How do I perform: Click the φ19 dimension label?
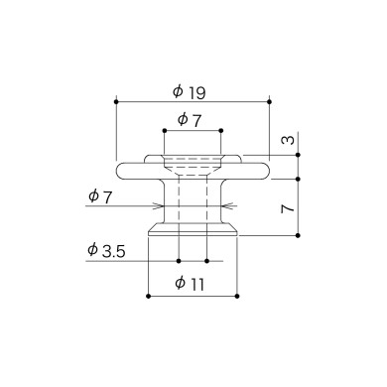pos(189,91)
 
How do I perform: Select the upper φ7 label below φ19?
pos(189,119)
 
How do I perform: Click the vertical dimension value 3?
pos(287,142)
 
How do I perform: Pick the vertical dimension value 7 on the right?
pos(286,207)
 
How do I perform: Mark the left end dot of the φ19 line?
pos(116,101)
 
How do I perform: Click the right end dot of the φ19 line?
pos(269,101)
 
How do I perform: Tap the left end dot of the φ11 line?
pos(148,296)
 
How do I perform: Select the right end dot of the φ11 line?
pos(236,296)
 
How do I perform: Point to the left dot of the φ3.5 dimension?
pos(179,260)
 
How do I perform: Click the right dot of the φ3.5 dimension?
pos(205,260)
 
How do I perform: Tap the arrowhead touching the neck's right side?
pos(223,206)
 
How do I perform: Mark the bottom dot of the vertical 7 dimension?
pos(296,235)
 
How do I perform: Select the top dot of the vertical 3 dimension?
pos(296,154)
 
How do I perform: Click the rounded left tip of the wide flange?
pos(117,169)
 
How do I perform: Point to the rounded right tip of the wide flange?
pos(268,169)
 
